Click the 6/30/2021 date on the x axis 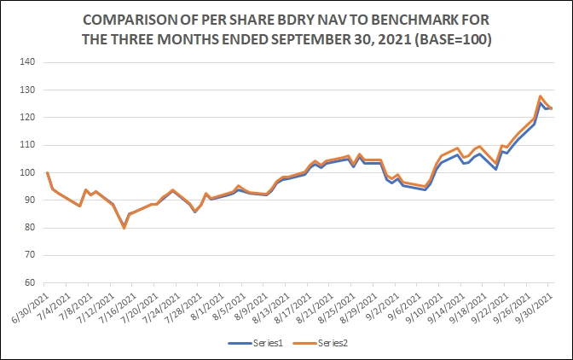click(x=33, y=306)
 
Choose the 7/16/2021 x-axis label click(x=122, y=306)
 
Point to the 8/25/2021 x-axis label click(x=341, y=306)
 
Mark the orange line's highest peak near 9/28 click(x=540, y=96)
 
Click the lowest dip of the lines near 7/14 click(x=124, y=228)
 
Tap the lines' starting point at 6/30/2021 click(x=47, y=172)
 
